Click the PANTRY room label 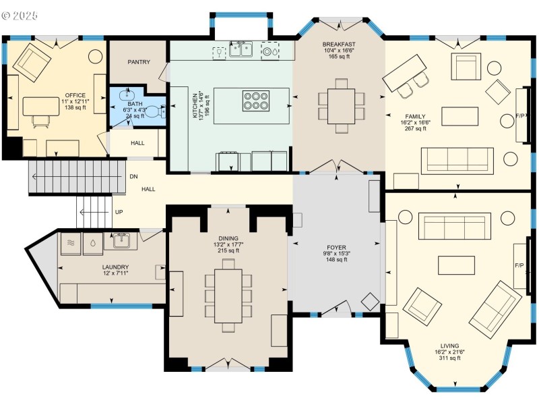[139, 62]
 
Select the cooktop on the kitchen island [256, 101]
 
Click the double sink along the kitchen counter [241, 49]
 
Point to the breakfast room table [341, 106]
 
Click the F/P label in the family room [519, 116]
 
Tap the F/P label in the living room [519, 265]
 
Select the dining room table [228, 296]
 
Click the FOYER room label [336, 247]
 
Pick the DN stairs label [133, 177]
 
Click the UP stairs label [119, 212]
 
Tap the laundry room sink [121, 240]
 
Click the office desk [41, 106]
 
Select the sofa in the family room [457, 161]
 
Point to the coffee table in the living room [456, 265]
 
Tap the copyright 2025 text [20, 16]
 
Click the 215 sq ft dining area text [228, 250]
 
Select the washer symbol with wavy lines [71, 244]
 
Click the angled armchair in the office [32, 63]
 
